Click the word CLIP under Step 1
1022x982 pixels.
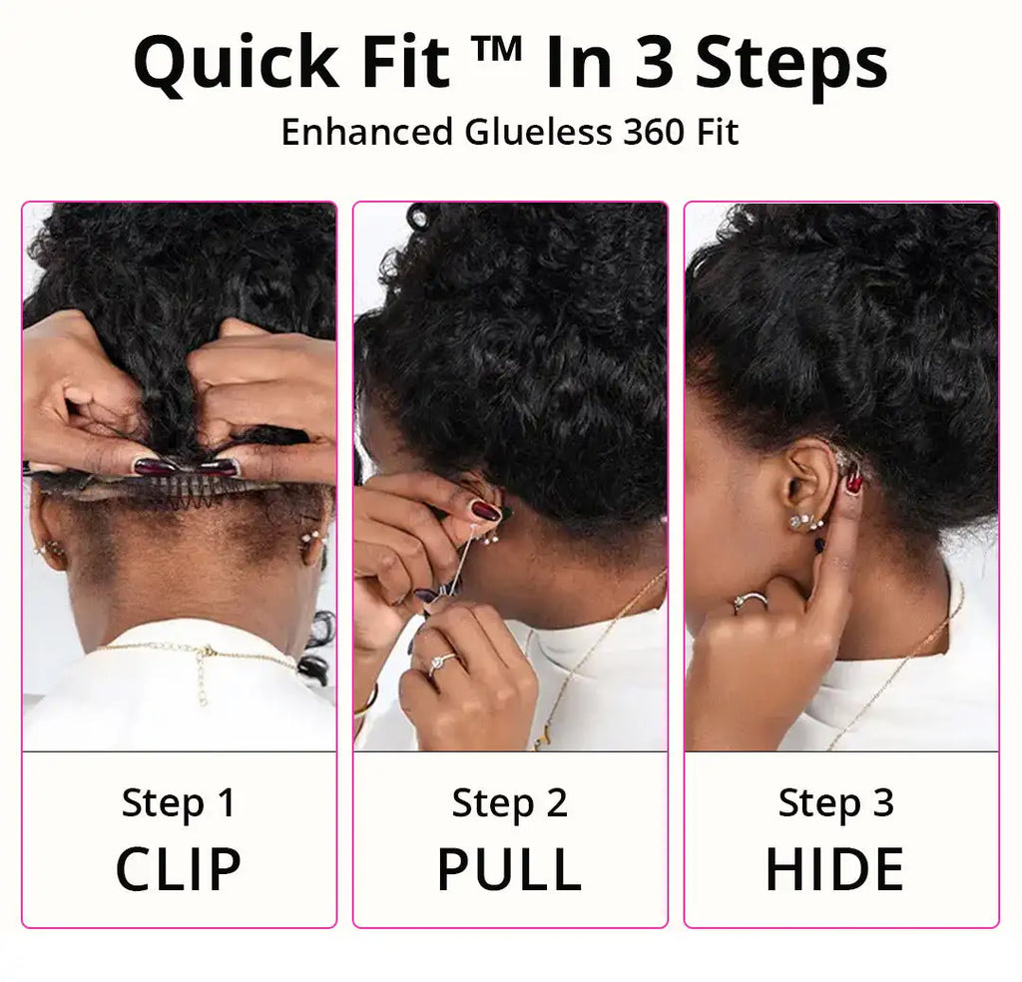179,868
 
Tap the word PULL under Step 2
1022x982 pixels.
509,868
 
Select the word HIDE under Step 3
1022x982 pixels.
834,868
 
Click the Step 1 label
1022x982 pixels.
179,803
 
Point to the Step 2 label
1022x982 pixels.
509,803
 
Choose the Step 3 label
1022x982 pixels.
835,803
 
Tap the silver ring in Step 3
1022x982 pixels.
750,602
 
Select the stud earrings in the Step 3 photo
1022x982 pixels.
803,522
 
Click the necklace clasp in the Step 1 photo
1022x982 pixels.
205,655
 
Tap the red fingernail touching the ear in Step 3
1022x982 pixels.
854,483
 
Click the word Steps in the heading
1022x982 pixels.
791,62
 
